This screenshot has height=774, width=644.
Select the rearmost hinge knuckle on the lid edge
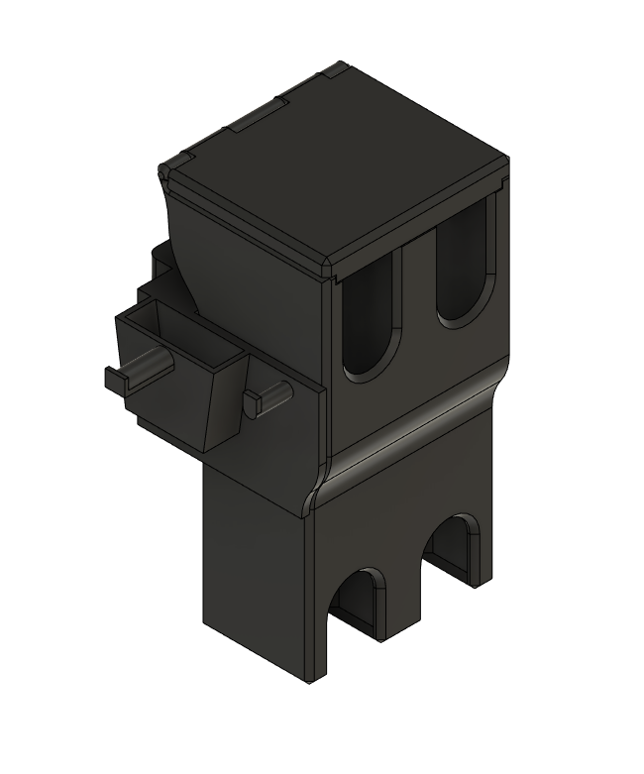click(x=333, y=71)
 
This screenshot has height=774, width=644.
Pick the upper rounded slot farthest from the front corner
click(x=463, y=266)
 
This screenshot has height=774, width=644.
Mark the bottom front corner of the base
click(x=311, y=682)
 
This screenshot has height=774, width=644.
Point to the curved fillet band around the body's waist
click(x=416, y=436)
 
